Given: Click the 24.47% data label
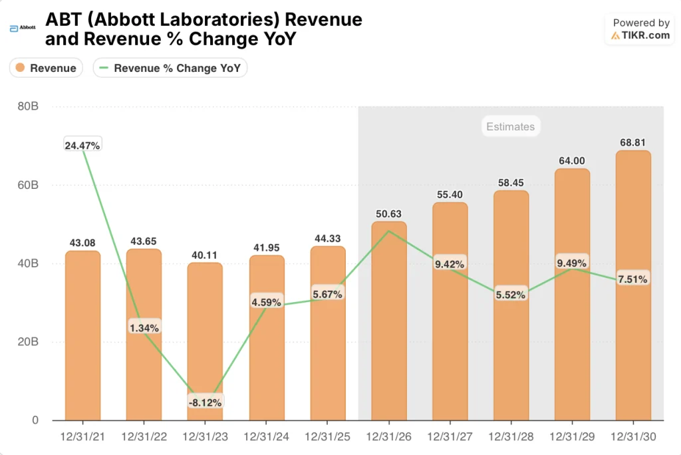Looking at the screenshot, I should click(x=82, y=145).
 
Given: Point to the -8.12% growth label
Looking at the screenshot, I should click(x=205, y=401).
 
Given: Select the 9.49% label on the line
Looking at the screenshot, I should click(x=572, y=263).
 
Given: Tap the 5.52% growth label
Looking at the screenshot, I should click(x=511, y=294).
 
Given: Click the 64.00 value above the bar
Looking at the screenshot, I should click(x=572, y=160).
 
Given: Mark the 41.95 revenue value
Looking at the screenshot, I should click(x=266, y=247).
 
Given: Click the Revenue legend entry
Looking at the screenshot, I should click(x=46, y=68).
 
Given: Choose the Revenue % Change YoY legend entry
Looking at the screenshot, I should click(x=170, y=68).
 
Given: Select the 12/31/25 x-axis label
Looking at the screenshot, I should click(x=327, y=437).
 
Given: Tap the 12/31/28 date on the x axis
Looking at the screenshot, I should click(x=511, y=437).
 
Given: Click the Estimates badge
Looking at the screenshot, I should click(x=510, y=126).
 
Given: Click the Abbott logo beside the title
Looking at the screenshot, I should click(x=23, y=29).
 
